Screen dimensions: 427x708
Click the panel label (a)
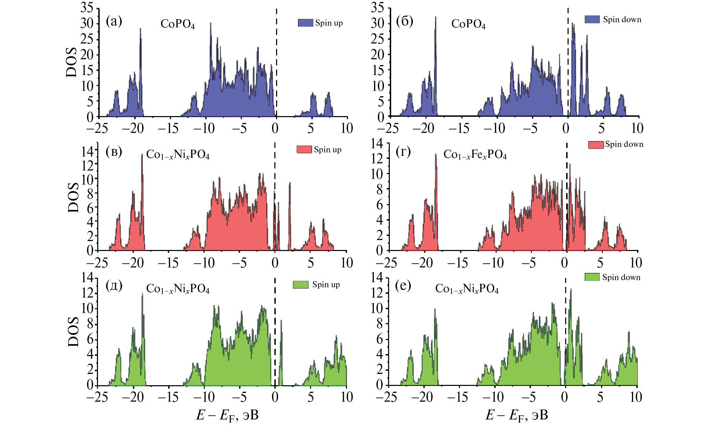click(x=114, y=22)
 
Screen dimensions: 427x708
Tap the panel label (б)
click(x=405, y=22)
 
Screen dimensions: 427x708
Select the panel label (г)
click(x=403, y=152)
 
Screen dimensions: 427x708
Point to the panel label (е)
click(x=403, y=285)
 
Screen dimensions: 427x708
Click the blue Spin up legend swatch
click(x=305, y=23)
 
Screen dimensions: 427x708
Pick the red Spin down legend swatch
click(x=596, y=145)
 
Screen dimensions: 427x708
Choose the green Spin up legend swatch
click(x=300, y=285)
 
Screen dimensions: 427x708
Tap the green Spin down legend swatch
click(x=592, y=277)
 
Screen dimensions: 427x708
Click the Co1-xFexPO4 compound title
click(x=475, y=155)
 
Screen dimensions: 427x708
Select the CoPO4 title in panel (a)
click(x=177, y=24)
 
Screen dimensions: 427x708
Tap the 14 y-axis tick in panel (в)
click(x=87, y=151)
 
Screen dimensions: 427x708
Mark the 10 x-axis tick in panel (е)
click(x=636, y=397)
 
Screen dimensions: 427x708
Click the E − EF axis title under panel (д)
click(x=227, y=415)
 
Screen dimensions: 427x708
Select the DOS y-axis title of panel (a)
click(x=72, y=62)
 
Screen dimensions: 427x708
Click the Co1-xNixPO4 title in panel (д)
click(x=177, y=289)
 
